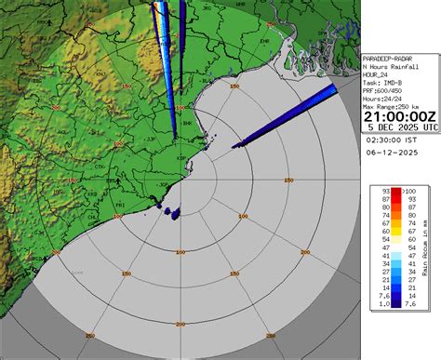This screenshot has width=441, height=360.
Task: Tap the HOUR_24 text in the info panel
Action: [x=377, y=74]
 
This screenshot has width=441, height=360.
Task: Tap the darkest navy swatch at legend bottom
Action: [x=395, y=302]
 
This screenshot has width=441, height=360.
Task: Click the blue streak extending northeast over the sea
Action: [x=284, y=117]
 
